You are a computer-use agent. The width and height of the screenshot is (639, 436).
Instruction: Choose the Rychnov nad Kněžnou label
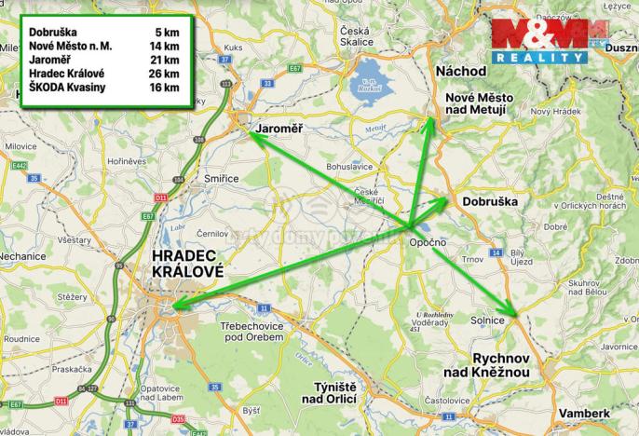point(488,364)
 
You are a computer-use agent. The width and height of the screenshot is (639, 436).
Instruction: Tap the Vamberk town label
point(583,412)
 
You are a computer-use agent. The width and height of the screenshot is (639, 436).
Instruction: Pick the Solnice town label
point(488,320)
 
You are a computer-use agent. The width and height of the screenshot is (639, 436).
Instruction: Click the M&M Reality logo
point(539,41)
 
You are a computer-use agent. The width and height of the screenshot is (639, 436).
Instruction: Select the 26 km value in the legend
point(166,74)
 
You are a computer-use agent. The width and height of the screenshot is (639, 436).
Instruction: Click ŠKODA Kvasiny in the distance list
point(68,88)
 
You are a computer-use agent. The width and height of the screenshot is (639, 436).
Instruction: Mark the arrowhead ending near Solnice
point(512,313)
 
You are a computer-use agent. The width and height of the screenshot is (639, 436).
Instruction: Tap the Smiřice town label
point(221,177)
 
